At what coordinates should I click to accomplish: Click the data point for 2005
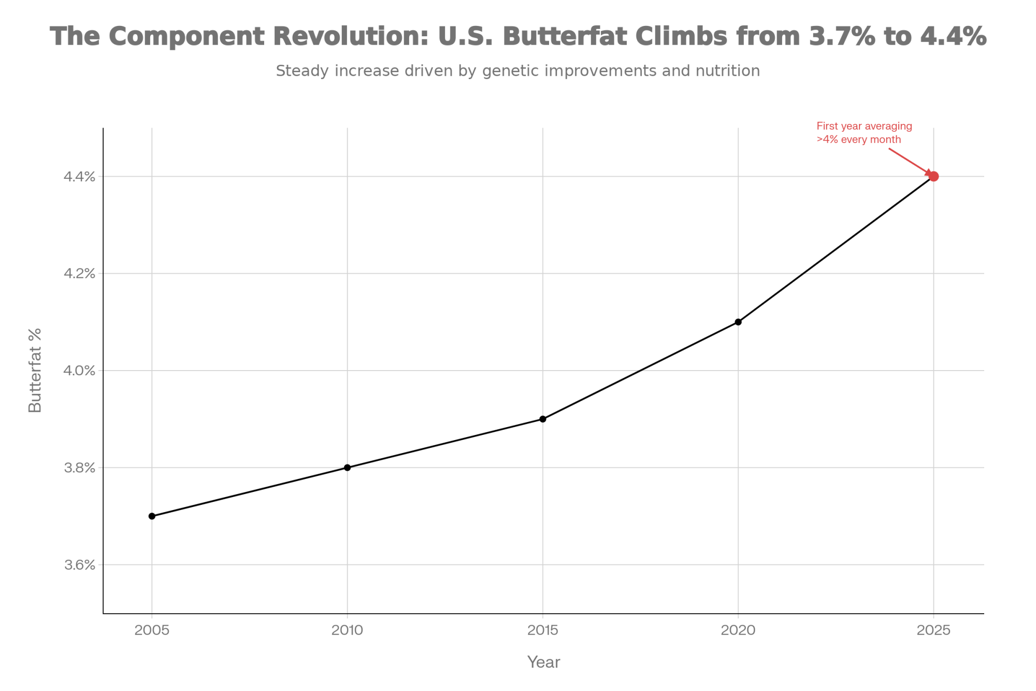click(152, 516)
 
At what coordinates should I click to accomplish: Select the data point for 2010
click(347, 468)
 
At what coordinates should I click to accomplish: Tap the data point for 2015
click(543, 419)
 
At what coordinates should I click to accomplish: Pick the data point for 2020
click(738, 322)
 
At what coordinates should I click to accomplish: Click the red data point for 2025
click(933, 176)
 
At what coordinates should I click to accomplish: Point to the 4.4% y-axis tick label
click(79, 177)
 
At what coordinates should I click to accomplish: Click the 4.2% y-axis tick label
click(79, 274)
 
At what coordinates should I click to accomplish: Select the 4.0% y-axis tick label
click(79, 371)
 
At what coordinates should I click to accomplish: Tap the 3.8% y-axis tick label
click(79, 468)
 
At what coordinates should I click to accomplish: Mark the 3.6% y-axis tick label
click(79, 565)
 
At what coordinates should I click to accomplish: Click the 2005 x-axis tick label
click(152, 630)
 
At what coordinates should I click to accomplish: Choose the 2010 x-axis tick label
click(347, 630)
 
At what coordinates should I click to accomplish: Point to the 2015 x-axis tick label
click(543, 630)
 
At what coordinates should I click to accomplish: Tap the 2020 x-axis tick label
click(738, 630)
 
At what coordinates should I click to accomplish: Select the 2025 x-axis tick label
click(933, 630)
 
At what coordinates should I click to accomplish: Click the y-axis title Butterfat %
click(35, 370)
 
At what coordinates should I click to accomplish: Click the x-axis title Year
click(543, 662)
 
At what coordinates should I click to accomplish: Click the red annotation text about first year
click(864, 133)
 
